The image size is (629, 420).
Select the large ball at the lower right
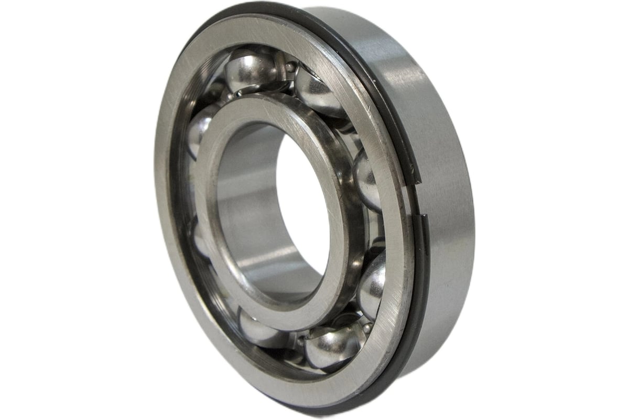tap(373, 283)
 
